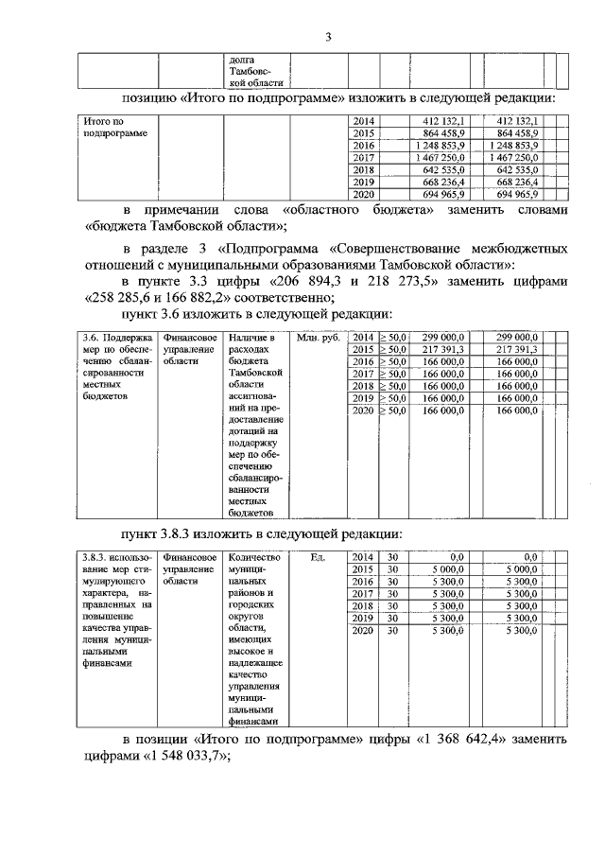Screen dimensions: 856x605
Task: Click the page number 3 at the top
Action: [x=327, y=37]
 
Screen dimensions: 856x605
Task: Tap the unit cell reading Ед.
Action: [x=318, y=557]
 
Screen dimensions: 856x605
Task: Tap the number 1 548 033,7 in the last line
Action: [x=187, y=757]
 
